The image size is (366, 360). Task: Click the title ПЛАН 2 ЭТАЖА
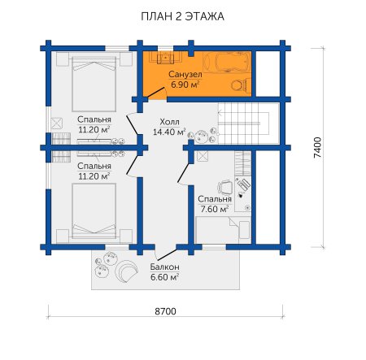tap(182, 16)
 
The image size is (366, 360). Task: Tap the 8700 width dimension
tap(165, 311)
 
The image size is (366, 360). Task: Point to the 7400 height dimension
tap(317, 148)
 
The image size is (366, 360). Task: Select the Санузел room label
tap(185, 74)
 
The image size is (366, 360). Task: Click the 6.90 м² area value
tap(185, 85)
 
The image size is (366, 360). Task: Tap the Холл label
tap(170, 121)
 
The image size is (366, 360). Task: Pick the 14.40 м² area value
tap(169, 132)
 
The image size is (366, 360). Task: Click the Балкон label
tap(164, 267)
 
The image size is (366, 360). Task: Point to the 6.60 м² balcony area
tap(164, 277)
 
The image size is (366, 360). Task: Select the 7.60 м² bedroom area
tap(214, 209)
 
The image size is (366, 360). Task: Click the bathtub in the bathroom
tap(227, 62)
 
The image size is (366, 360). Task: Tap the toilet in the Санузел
tap(241, 85)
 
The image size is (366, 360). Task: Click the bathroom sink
tap(165, 57)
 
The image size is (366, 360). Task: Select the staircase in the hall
tap(248, 124)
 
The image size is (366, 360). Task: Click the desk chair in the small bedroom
tap(225, 188)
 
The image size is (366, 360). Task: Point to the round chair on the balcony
tap(126, 271)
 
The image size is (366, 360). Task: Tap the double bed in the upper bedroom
tap(94, 84)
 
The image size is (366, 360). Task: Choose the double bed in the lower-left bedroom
tap(94, 211)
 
